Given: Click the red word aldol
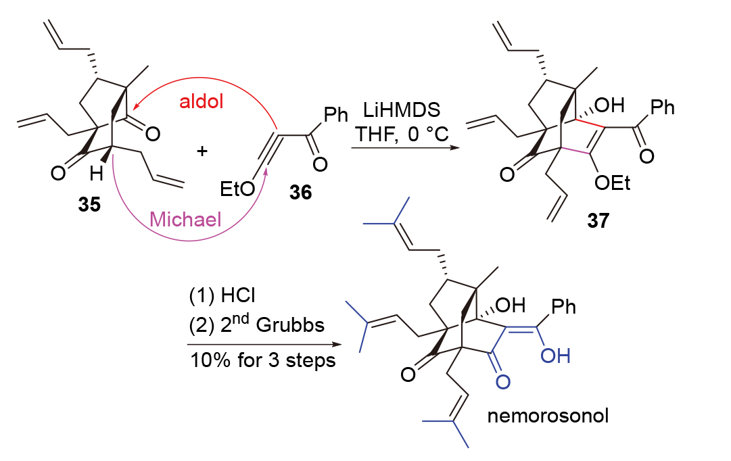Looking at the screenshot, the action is point(202,101).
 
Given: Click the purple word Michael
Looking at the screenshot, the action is point(185,219).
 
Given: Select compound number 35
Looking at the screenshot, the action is point(89,205).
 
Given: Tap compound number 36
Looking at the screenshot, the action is point(300,192).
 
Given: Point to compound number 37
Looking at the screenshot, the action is point(598,220).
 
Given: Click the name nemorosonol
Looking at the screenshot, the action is point(548,416).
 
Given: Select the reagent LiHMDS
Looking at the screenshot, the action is point(402,110).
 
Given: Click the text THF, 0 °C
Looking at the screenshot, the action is point(402,135).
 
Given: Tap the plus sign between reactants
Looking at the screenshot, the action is point(202,151).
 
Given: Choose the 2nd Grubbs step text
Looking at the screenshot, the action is point(256,324).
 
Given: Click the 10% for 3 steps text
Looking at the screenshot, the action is point(263,360).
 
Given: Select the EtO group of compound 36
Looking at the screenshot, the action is point(237,189).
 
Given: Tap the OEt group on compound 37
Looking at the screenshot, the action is point(612,183).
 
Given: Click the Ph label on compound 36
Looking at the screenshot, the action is point(335,114).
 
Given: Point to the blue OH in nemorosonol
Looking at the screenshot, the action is point(555,356).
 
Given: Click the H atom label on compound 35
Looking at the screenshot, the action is point(96,174).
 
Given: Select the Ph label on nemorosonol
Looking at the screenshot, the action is point(564,307).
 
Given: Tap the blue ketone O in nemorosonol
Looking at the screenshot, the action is point(503,382).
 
